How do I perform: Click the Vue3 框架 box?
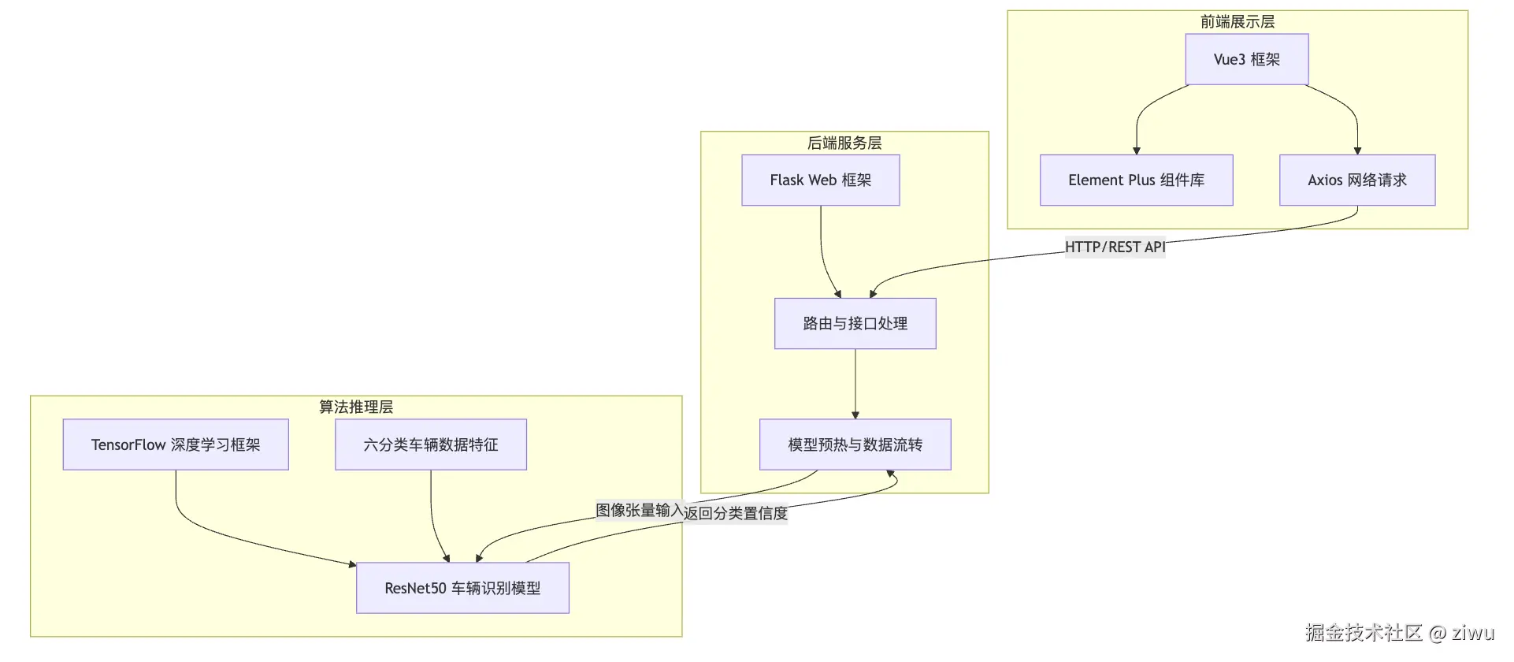[x=1246, y=59]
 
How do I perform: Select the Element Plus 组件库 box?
[x=1136, y=180]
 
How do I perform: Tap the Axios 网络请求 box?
[x=1356, y=180]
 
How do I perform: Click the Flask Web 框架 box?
[x=820, y=180]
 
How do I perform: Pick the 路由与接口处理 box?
[x=855, y=323]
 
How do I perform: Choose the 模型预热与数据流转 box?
[x=855, y=444]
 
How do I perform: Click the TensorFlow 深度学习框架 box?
[x=176, y=444]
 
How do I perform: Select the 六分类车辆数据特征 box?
[x=430, y=444]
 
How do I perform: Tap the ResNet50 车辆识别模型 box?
[x=462, y=588]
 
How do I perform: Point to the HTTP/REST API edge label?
[x=1115, y=247]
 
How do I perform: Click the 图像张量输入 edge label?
[x=639, y=510]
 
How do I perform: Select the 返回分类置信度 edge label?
[x=736, y=513]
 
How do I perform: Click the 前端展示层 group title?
[x=1237, y=21]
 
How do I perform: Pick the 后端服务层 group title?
[x=844, y=143]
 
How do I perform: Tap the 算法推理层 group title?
[x=355, y=407]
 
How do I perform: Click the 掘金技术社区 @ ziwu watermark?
[x=1399, y=632]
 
